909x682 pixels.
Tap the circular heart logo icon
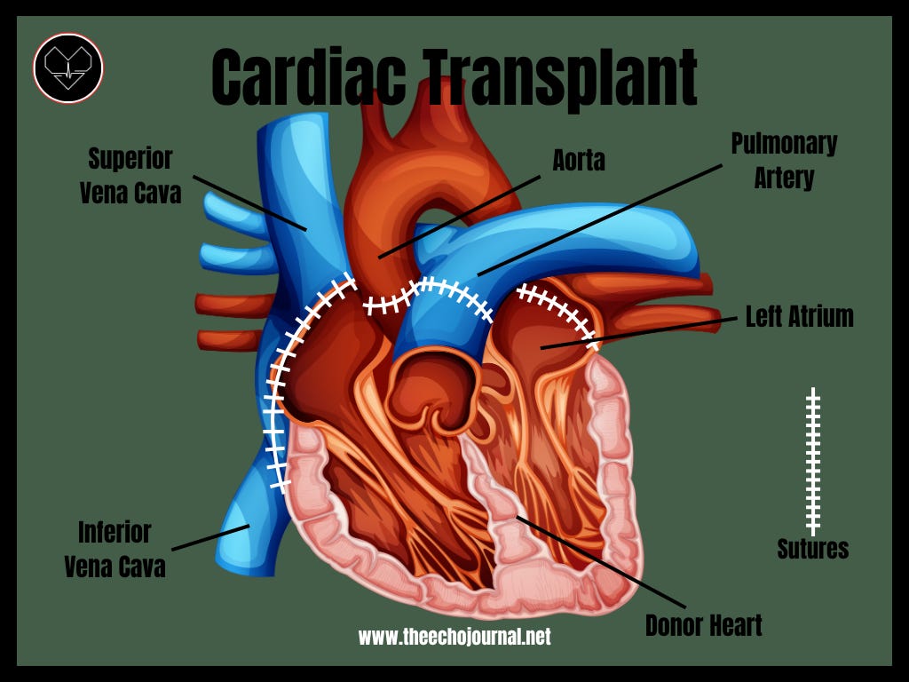click(x=68, y=68)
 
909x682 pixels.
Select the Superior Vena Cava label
click(x=130, y=176)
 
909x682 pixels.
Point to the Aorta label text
click(x=579, y=161)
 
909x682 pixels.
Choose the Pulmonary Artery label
click(x=784, y=161)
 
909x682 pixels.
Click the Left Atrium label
click(x=799, y=317)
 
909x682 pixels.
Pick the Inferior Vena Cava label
click(x=115, y=550)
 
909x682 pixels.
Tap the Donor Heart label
click(x=704, y=625)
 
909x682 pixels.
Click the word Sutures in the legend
click(x=812, y=549)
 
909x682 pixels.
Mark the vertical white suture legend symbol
click(x=812, y=462)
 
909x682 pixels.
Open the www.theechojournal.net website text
click(x=454, y=637)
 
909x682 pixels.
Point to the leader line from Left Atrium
click(x=639, y=332)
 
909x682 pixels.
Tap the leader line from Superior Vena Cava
click(x=249, y=202)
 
